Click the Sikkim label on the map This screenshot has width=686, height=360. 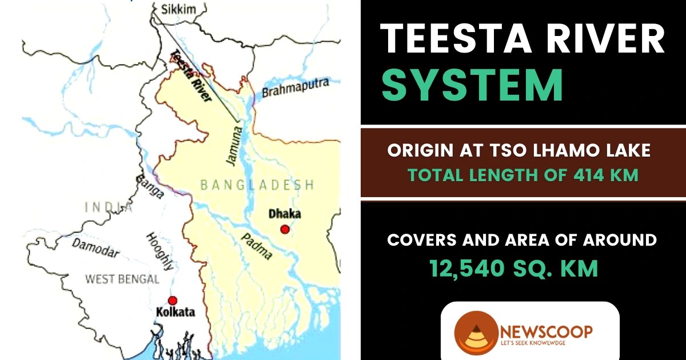179,9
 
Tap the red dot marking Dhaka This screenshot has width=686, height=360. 285,229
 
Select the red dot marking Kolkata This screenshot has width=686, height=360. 173,301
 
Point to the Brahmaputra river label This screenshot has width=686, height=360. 296,88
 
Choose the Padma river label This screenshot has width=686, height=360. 255,247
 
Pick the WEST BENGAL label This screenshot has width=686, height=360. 122,279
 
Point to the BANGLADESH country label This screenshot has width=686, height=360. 257,185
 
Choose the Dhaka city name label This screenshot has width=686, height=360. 284,214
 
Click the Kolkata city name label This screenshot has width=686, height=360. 175,313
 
